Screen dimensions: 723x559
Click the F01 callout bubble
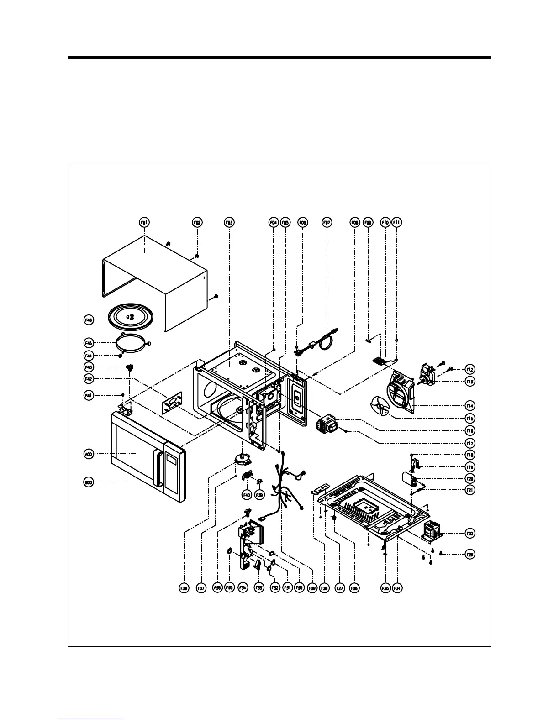(x=144, y=222)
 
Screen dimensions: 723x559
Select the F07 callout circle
(x=327, y=222)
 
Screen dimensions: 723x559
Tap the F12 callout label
(x=469, y=369)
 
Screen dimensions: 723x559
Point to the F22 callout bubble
(x=469, y=533)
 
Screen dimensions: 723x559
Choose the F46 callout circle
(x=89, y=320)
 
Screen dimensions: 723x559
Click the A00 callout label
(x=89, y=454)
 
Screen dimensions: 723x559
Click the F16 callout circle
(x=469, y=430)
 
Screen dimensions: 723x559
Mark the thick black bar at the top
(x=279, y=58)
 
